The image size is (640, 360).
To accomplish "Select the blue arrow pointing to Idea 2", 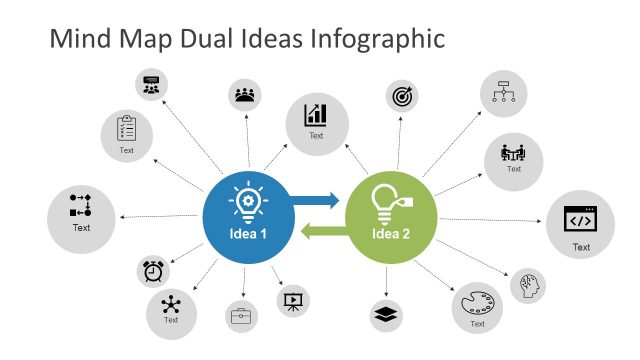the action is (x=318, y=200).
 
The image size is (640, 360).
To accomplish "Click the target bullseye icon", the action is (x=404, y=97).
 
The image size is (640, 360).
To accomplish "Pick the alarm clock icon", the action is (x=153, y=270).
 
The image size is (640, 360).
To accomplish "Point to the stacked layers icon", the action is (x=386, y=315).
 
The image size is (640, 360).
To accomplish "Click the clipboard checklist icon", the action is (x=126, y=128).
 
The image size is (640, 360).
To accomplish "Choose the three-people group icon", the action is (x=244, y=96).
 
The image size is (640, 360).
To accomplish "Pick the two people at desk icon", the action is (x=514, y=153).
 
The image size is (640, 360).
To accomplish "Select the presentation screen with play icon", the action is (x=294, y=299).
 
